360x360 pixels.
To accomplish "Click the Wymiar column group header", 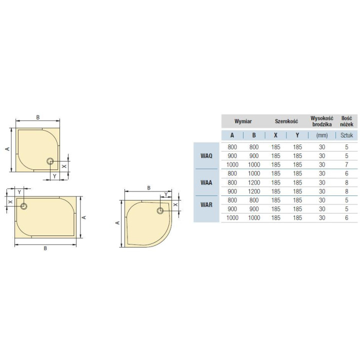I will coord(243,121).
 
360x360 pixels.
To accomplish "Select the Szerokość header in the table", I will coord(286,121).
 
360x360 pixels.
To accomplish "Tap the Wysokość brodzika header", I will coord(322,121).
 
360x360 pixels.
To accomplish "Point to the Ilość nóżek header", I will coord(347,121).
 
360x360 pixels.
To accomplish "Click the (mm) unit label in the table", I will coord(322,135).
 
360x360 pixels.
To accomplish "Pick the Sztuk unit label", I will coord(346,135).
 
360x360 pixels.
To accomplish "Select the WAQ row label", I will coord(206,156).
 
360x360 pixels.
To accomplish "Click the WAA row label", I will coord(206,182).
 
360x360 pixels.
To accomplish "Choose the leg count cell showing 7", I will coord(346,165).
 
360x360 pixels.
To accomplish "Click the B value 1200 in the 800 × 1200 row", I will coord(254,182).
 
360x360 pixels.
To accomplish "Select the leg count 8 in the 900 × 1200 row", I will coord(346,191).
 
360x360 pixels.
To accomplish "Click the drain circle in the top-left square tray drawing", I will coord(50,161).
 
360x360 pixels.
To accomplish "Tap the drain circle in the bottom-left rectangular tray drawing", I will coord(24,205).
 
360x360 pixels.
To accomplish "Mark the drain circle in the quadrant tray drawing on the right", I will coord(160,210).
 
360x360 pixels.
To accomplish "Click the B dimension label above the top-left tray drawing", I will coord(38,117).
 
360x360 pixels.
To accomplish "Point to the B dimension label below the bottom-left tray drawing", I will coord(45,248).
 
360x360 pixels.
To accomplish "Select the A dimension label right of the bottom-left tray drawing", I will coord(84,217).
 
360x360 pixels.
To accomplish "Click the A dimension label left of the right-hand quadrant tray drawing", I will coord(117,223).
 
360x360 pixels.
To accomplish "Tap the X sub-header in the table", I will coord(275,135).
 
